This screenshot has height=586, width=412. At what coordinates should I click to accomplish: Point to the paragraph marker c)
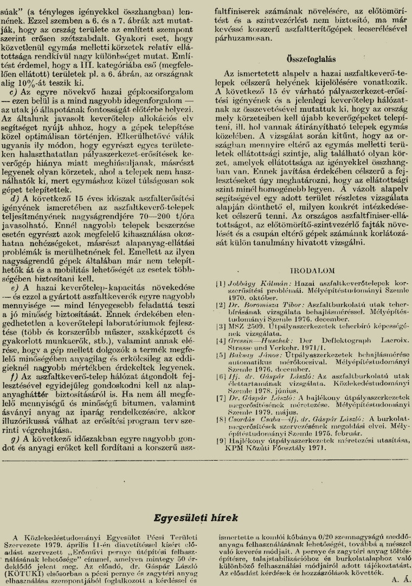14,92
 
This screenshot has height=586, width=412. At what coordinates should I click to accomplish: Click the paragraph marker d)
15,199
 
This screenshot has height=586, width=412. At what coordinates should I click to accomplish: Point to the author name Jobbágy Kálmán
252,283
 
